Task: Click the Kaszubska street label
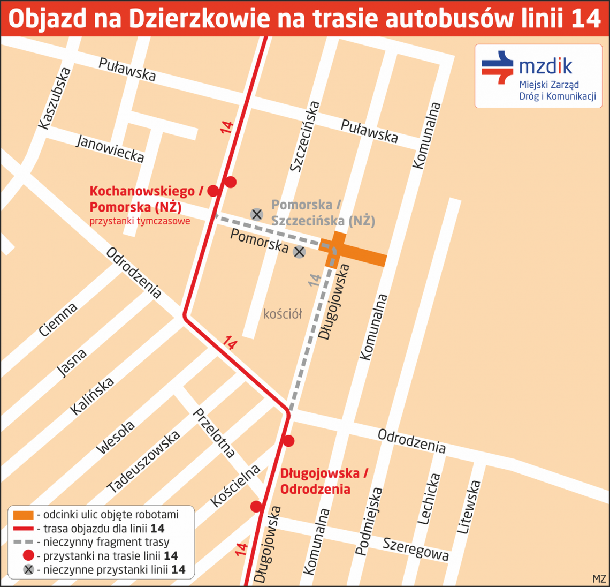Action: point(55,98)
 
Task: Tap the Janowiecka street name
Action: point(110,148)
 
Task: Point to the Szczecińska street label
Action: point(304,136)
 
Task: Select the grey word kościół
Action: point(283,314)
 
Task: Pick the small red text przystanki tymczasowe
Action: point(140,221)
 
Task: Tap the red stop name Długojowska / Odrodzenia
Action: point(324,481)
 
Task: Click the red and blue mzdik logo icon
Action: point(498,67)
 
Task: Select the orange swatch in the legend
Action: point(24,515)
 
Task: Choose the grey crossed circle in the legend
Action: point(28,569)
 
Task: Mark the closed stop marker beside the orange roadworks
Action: point(299,251)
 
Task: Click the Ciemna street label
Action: point(58,320)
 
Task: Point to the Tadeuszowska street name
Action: point(143,462)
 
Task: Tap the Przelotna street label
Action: point(213,433)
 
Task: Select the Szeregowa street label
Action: point(415,549)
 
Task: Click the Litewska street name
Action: point(468,507)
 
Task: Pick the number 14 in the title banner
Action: point(586,19)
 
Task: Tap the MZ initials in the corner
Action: point(599,578)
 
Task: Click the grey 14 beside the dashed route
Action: point(315,280)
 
